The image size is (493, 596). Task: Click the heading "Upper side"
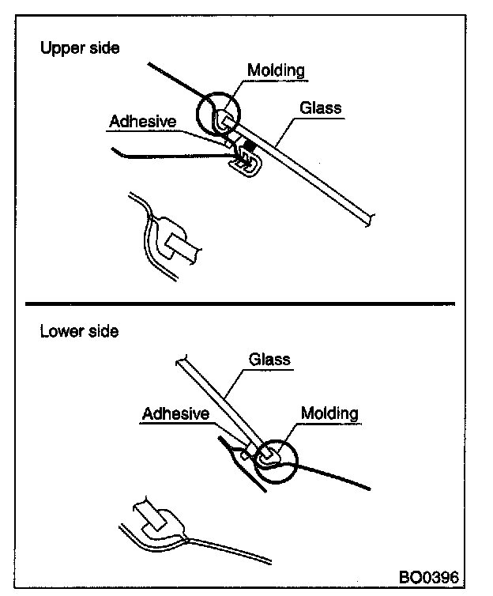(80, 48)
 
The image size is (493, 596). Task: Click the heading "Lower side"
(79, 331)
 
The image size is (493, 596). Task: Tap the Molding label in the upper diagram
(276, 70)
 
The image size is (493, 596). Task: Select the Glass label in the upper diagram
(320, 107)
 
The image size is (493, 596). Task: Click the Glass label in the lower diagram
(269, 360)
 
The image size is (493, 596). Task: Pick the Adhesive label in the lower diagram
(175, 413)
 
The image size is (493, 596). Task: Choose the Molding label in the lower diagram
(329, 413)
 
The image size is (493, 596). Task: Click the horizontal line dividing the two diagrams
(240, 302)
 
